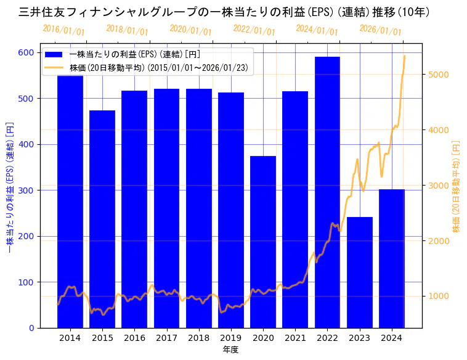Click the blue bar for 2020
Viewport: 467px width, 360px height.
pos(263,242)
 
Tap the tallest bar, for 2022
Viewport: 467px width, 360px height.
pos(327,192)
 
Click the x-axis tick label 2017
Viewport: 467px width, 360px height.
pos(166,338)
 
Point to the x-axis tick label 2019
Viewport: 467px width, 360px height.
pos(231,338)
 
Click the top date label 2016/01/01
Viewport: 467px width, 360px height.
pos(63,30)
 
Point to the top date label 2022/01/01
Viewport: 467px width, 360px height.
pos(254,30)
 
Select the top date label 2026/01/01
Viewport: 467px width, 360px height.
pos(380,30)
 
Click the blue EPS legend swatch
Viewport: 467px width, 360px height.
pos(54,54)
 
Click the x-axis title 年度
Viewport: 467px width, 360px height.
pos(231,350)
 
